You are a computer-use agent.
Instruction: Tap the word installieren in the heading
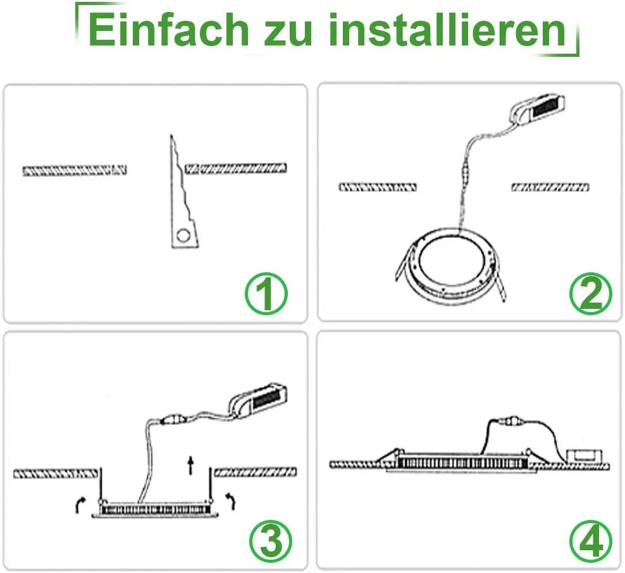(x=447, y=31)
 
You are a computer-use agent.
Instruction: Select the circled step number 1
(x=266, y=294)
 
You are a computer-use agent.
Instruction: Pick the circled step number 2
(x=591, y=294)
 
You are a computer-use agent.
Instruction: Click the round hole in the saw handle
(x=183, y=236)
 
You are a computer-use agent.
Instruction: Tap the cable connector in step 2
(x=465, y=172)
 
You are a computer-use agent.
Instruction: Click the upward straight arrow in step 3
(x=191, y=465)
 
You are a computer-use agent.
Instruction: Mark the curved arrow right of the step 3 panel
(x=231, y=501)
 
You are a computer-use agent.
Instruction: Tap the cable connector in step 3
(x=175, y=419)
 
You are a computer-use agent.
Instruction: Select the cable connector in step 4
(x=511, y=420)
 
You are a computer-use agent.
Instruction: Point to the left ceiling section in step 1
(x=75, y=171)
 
